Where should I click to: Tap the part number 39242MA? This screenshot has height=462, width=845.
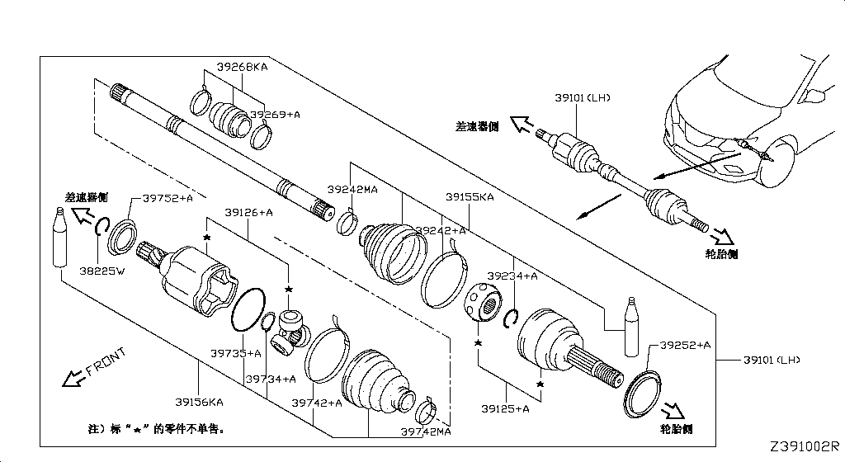click(352, 189)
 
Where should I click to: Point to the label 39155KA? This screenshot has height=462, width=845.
click(470, 197)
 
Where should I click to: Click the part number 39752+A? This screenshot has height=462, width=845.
click(168, 198)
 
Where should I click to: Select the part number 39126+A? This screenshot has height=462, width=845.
click(248, 213)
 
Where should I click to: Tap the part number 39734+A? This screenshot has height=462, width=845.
click(270, 379)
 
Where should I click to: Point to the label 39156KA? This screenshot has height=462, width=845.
click(198, 403)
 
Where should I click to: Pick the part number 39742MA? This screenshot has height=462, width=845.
click(426, 431)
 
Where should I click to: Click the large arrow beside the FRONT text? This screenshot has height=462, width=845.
click(73, 379)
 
